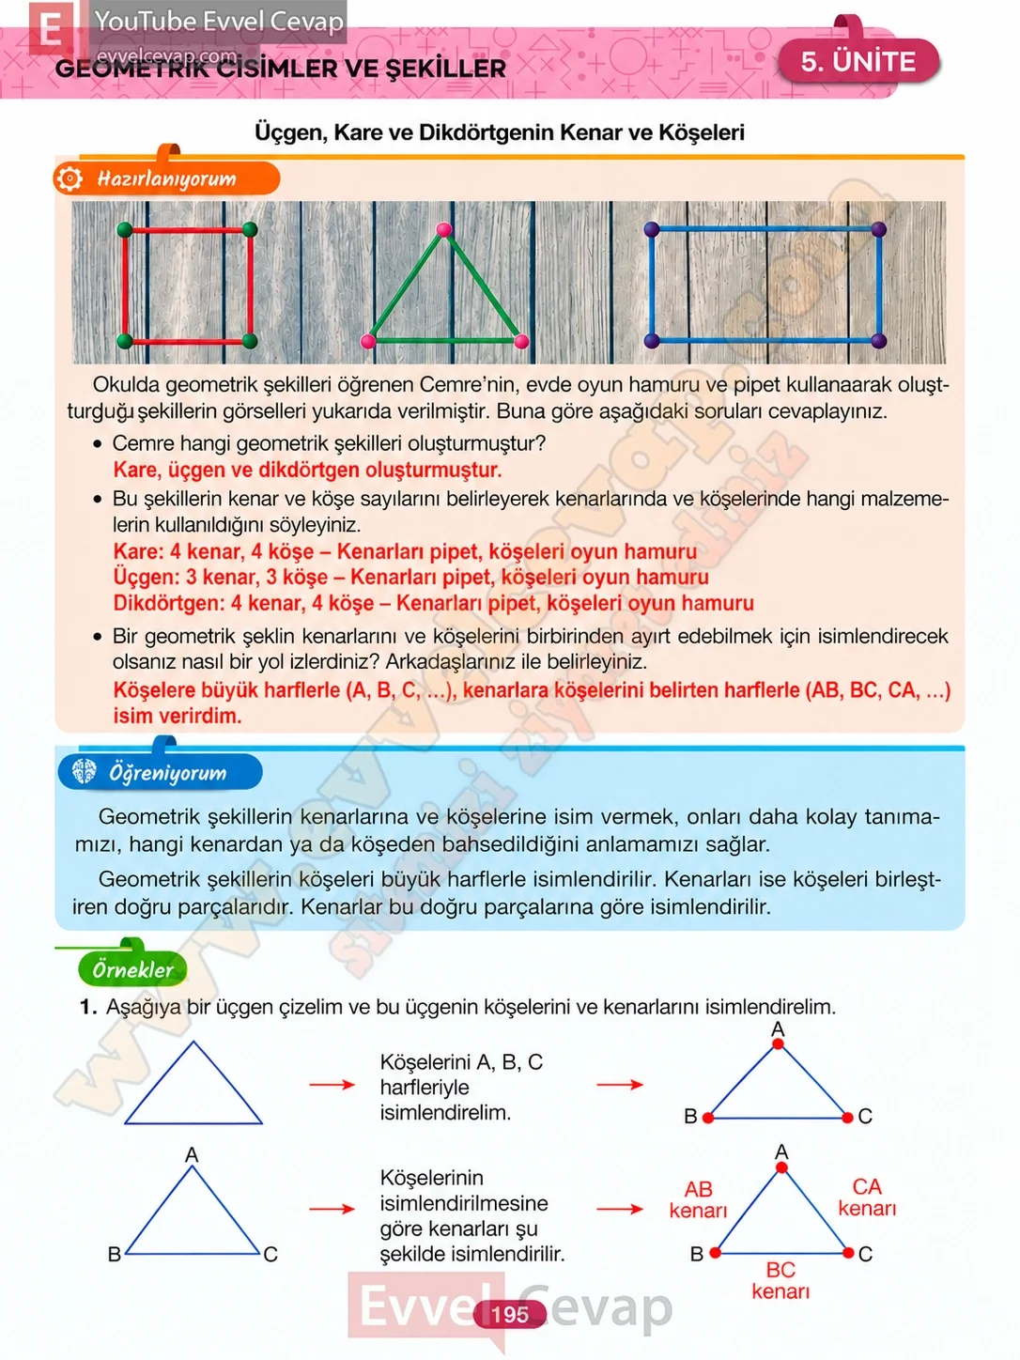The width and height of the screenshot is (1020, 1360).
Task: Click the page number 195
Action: (510, 1314)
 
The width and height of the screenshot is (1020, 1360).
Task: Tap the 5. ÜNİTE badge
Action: (858, 61)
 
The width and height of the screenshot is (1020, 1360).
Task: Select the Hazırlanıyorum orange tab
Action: (166, 178)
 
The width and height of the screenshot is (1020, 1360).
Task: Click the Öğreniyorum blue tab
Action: (160, 772)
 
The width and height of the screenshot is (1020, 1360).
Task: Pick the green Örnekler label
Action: (132, 969)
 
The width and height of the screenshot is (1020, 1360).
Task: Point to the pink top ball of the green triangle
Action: (444, 230)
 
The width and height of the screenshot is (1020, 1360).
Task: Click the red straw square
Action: (187, 286)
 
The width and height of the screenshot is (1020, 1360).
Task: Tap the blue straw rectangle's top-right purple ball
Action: (879, 229)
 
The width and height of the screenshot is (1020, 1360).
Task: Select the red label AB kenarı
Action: (698, 1198)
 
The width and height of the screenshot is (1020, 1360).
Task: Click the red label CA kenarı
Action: (867, 1197)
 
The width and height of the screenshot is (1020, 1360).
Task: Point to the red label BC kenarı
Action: (780, 1280)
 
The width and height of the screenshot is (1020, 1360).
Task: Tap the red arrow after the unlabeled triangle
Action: (332, 1084)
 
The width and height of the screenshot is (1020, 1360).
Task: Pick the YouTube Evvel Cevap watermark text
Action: (219, 22)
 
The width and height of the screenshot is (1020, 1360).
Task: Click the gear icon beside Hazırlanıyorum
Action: (70, 178)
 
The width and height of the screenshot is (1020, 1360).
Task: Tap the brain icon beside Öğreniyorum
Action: (85, 771)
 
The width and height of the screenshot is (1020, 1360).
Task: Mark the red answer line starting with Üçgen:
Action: (410, 577)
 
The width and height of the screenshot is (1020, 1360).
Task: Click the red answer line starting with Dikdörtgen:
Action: (434, 603)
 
